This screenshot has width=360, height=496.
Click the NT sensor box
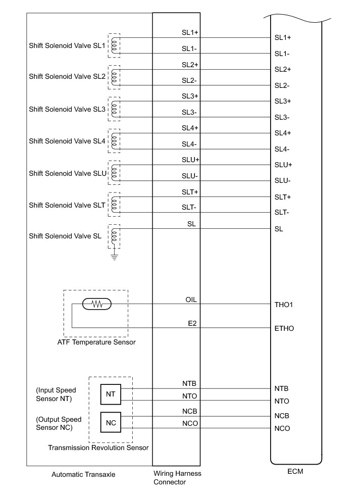(x=111, y=394)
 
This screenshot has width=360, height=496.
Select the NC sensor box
(x=111, y=422)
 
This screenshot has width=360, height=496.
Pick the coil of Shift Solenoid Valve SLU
(x=115, y=173)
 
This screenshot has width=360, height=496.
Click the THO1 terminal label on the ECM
(x=284, y=305)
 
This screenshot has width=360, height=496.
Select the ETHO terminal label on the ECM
(x=284, y=328)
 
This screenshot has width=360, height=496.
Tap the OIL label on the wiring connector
(x=191, y=300)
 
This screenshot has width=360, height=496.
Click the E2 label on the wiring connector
(x=191, y=323)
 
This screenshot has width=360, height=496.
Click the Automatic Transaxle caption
(x=83, y=475)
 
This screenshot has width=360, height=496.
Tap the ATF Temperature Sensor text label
(x=96, y=342)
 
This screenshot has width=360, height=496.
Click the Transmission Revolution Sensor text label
(x=98, y=448)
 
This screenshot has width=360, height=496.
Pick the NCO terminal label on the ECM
(x=282, y=429)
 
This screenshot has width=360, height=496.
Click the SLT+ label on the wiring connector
(x=190, y=192)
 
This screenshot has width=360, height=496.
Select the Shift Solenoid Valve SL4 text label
(x=67, y=141)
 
